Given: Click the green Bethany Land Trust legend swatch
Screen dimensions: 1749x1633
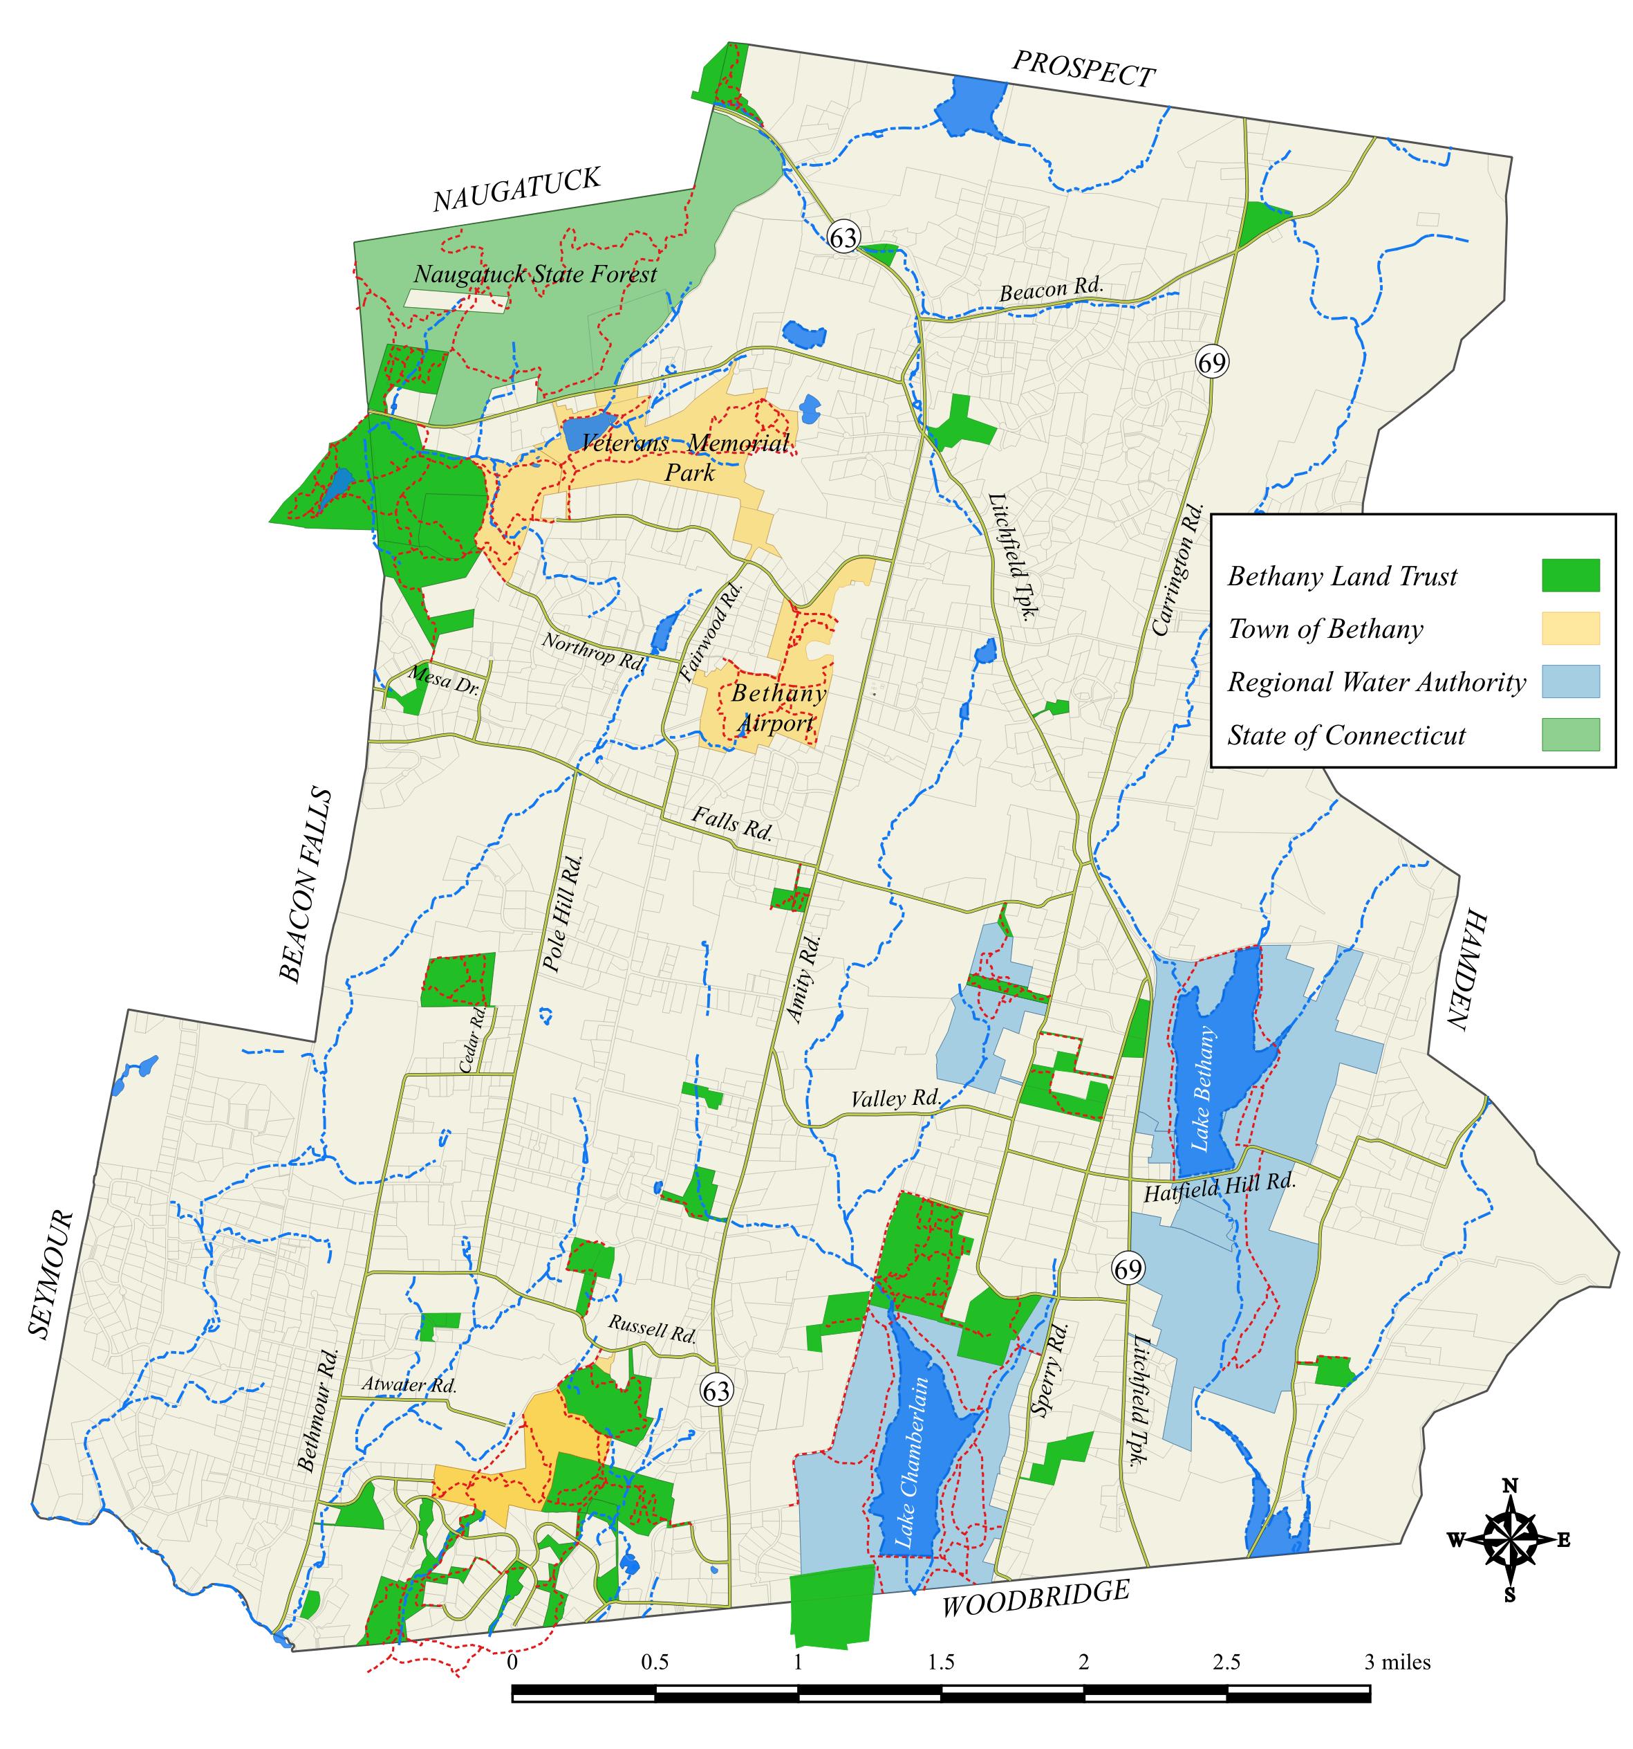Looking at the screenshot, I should point(1569,576).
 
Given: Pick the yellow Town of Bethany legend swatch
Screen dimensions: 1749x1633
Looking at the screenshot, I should point(1569,628).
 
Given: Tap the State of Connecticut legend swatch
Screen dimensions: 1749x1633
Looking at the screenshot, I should point(1569,734).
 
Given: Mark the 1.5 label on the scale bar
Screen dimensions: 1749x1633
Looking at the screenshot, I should point(940,1662).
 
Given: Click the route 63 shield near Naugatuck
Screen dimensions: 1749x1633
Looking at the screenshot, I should point(843,237).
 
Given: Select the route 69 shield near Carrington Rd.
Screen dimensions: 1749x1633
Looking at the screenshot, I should point(1211,362).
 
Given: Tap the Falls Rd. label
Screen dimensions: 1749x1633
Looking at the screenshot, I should point(731,823).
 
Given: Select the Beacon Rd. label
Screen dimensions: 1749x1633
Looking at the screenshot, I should point(1050,289).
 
